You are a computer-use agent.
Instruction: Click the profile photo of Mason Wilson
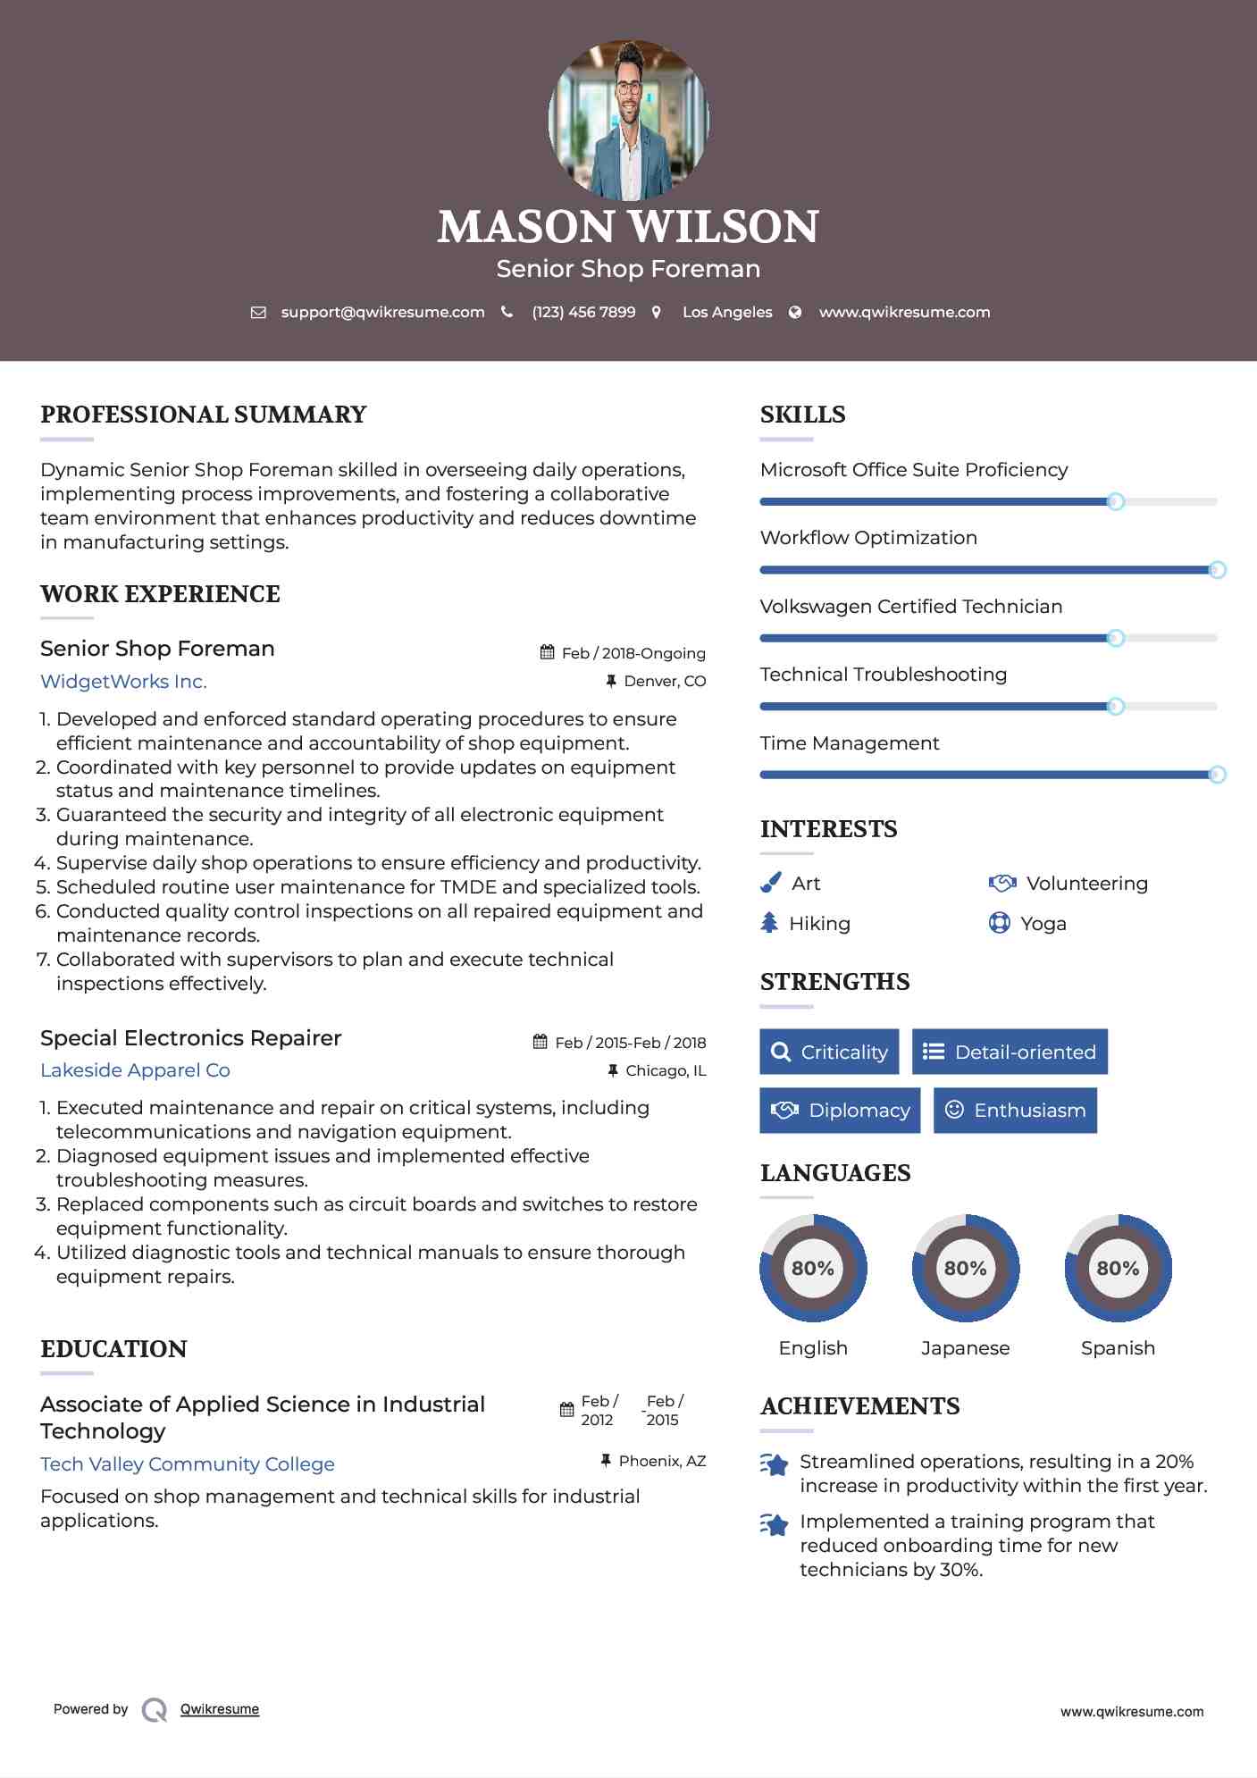[x=628, y=120]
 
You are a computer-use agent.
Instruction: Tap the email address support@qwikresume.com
[x=382, y=312]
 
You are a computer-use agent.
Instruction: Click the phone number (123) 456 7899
[x=583, y=312]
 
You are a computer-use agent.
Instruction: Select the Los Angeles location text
[x=726, y=312]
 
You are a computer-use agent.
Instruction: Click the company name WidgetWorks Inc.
[x=123, y=682]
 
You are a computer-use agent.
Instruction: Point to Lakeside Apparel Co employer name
[x=135, y=1070]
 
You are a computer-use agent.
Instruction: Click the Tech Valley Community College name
[x=188, y=1464]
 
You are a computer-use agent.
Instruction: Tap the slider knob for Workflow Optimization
[x=1216, y=570]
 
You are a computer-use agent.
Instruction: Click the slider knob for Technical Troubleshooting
[x=1115, y=707]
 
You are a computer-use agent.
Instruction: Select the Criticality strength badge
[x=829, y=1052]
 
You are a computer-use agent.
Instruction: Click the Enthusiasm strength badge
[x=1015, y=1111]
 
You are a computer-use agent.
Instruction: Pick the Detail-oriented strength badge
[x=1010, y=1052]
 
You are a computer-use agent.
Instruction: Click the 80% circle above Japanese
[x=965, y=1268]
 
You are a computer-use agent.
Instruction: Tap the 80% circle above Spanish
[x=1118, y=1268]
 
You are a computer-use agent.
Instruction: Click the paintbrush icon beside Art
[x=770, y=883]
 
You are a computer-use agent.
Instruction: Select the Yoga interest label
[x=1043, y=924]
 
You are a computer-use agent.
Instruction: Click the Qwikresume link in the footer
[x=220, y=1709]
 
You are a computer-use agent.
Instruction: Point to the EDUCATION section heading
[x=113, y=1349]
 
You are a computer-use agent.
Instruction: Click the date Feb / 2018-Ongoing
[x=633, y=653]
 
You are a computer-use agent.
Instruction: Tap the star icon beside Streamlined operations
[x=775, y=1465]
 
